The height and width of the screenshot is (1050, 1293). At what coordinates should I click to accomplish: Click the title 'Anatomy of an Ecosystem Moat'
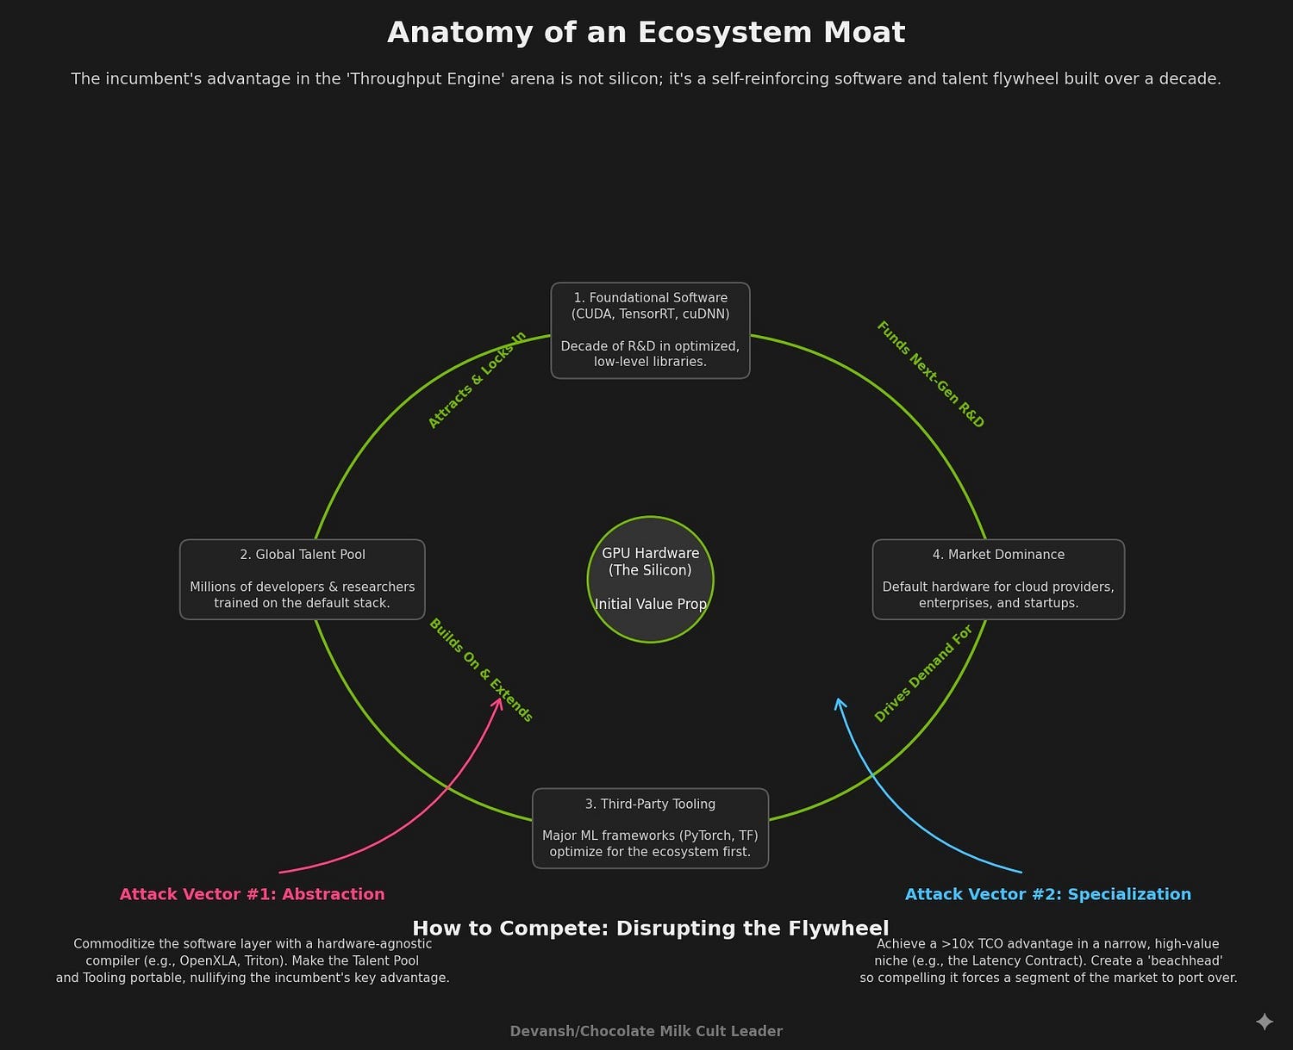[646, 33]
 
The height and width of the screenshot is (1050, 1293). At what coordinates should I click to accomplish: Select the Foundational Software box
[650, 330]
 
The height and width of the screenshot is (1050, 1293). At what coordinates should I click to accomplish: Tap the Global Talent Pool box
[302, 579]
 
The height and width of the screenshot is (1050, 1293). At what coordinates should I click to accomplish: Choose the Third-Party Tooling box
[650, 828]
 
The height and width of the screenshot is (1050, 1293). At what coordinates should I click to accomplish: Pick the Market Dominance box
[998, 579]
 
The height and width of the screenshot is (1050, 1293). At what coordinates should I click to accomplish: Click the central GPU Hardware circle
[650, 579]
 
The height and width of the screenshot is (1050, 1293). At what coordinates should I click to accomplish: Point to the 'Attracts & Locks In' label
[477, 380]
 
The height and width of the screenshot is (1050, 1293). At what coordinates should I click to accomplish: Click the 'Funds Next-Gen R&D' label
[930, 374]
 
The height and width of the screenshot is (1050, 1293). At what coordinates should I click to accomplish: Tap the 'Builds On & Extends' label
[481, 670]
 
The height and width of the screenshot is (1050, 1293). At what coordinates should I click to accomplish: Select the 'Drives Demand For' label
[923, 674]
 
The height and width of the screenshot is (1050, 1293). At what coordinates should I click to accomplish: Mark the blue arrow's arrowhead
[839, 702]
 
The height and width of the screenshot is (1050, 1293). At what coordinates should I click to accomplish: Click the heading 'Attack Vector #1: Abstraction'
[252, 894]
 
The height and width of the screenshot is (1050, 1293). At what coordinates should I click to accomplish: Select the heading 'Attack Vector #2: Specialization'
[1047, 894]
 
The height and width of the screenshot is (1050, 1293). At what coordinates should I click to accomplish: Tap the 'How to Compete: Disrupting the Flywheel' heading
[650, 928]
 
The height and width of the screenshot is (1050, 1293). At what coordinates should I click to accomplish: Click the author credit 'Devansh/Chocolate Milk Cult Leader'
[646, 1031]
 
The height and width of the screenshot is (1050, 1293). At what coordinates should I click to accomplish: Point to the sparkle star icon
[1264, 1022]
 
